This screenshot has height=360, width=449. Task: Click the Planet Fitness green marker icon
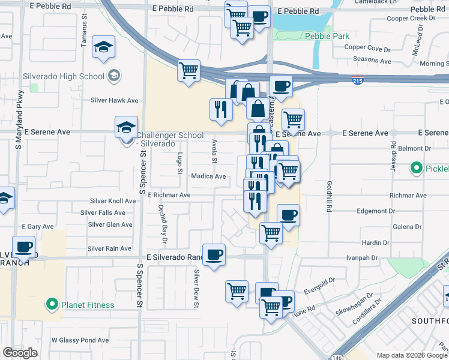(x=52, y=305)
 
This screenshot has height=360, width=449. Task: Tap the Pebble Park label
(x=327, y=37)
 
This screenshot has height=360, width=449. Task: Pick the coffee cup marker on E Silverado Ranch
(x=214, y=255)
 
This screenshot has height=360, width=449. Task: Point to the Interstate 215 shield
(x=358, y=80)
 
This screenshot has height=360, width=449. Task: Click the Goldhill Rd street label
(x=330, y=194)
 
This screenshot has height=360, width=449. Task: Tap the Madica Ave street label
(x=208, y=176)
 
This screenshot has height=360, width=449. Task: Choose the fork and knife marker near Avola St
(x=221, y=109)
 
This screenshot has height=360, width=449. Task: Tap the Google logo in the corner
(x=20, y=353)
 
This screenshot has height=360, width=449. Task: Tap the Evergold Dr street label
(x=319, y=280)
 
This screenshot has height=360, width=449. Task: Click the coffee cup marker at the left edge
(x=24, y=247)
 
